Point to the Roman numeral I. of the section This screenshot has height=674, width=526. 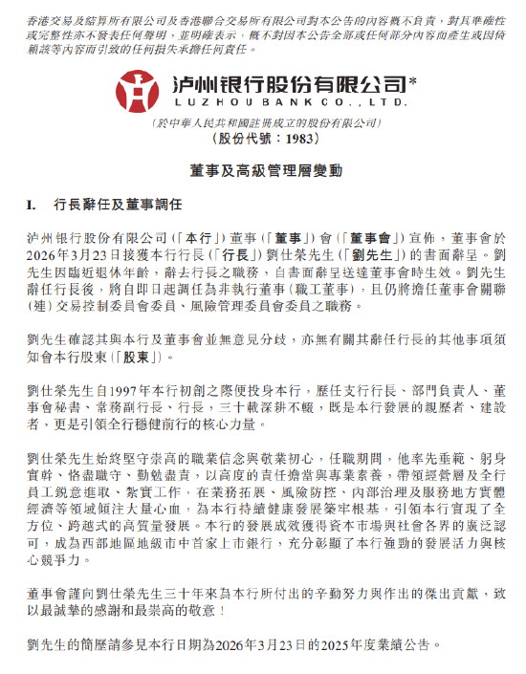click(x=31, y=205)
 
